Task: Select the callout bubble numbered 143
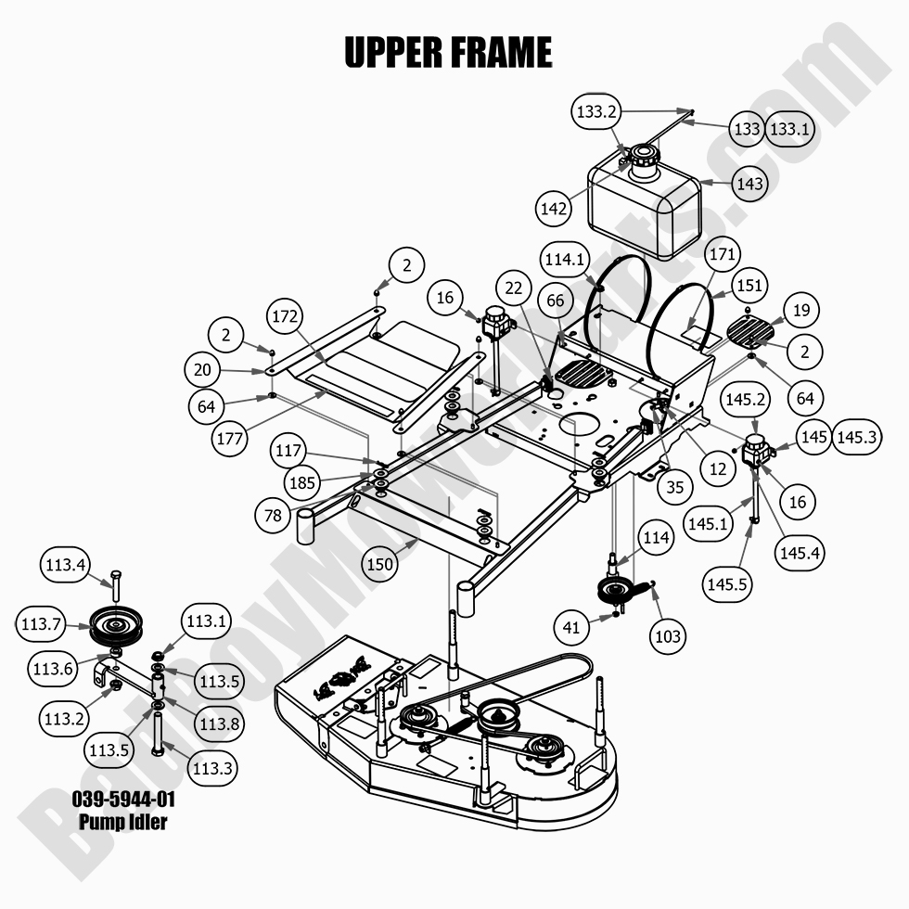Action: click(x=749, y=184)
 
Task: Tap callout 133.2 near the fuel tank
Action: click(x=596, y=112)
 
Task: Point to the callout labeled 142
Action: click(x=554, y=210)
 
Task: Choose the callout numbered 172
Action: click(x=287, y=316)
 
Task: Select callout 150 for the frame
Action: click(x=381, y=563)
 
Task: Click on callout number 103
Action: click(x=668, y=635)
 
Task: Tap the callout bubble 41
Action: click(x=571, y=628)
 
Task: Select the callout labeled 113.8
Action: click(x=217, y=723)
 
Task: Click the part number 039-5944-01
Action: click(x=123, y=800)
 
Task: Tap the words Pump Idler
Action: click(x=123, y=822)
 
